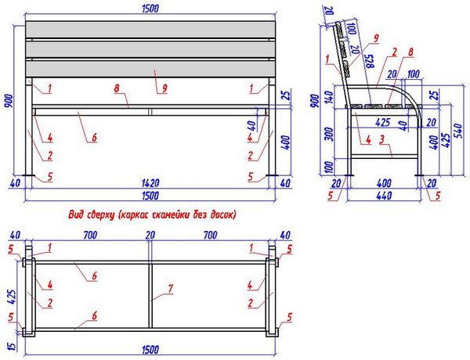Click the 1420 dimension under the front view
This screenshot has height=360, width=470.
click(x=150, y=182)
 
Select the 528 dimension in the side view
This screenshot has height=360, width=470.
click(x=369, y=61)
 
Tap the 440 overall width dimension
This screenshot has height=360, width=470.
click(x=384, y=196)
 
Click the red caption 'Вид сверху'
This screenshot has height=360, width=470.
click(x=92, y=214)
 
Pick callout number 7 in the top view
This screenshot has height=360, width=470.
click(x=170, y=289)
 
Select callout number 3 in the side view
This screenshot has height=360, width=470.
click(x=381, y=140)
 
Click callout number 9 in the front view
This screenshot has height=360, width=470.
click(x=164, y=88)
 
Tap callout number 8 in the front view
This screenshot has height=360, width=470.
click(x=117, y=88)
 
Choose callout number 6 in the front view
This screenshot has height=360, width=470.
click(x=95, y=138)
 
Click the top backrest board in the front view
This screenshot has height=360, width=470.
click(x=150, y=30)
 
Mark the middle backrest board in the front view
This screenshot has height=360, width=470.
click(x=150, y=50)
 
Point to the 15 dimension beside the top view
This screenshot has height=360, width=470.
click(x=12, y=346)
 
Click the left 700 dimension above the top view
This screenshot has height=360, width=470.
click(x=90, y=235)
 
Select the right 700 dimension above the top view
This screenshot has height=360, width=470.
click(x=210, y=235)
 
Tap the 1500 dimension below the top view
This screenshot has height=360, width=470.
click(x=150, y=350)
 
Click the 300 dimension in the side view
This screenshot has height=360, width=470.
click(x=329, y=134)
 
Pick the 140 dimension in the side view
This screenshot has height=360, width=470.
click(x=329, y=96)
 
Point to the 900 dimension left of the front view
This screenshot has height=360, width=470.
click(x=9, y=101)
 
